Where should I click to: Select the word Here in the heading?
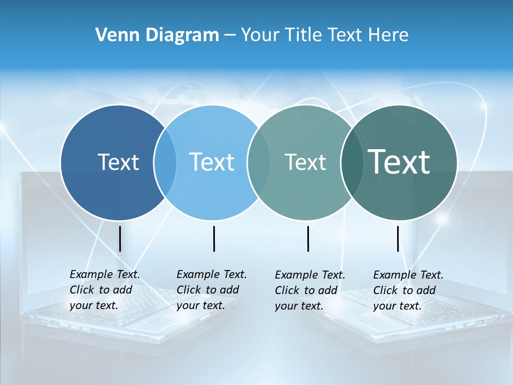click(388, 35)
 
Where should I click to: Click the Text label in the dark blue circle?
click(118, 162)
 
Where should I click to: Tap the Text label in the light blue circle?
click(212, 162)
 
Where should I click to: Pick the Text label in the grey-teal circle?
click(305, 162)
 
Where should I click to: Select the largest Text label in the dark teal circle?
click(399, 162)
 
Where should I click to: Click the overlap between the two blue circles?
click(165, 163)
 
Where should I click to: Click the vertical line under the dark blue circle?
click(120, 238)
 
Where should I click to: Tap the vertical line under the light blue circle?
click(214, 238)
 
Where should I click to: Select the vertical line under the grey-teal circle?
click(308, 238)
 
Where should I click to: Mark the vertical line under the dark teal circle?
click(398, 238)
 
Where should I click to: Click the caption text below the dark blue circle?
click(105, 290)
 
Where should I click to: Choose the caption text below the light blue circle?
click(212, 290)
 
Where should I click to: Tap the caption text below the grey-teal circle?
click(310, 290)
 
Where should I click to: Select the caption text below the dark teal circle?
click(408, 290)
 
